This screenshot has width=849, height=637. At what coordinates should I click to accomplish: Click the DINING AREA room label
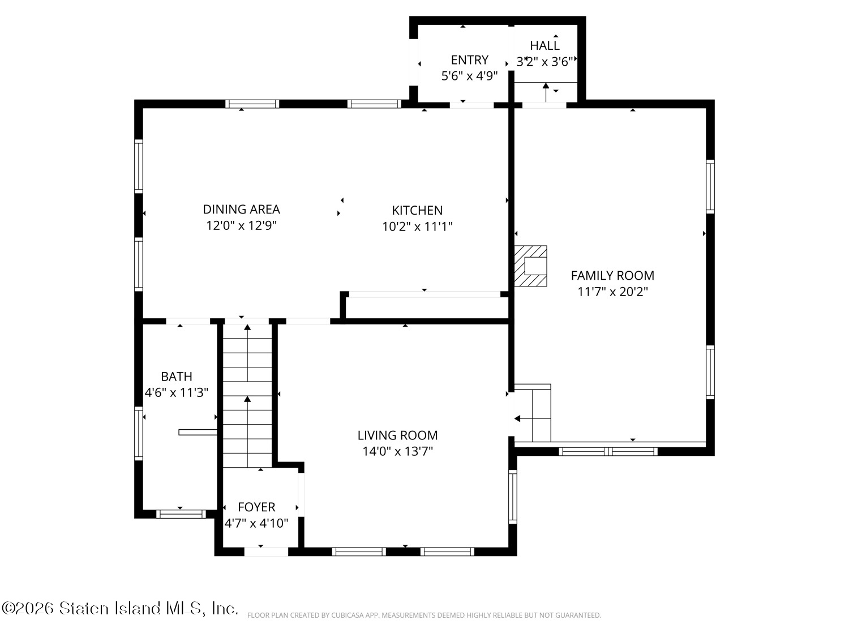coord(241,210)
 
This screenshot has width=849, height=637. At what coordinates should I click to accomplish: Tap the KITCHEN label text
coord(417,211)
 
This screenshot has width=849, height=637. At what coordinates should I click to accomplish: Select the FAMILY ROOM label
coord(612,275)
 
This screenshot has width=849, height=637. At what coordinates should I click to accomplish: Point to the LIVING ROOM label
coord(398,435)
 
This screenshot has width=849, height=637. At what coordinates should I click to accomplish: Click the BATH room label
coord(177,377)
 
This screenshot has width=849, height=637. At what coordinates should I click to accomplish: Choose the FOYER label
coord(256,507)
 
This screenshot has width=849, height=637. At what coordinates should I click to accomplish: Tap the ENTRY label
coord(470,60)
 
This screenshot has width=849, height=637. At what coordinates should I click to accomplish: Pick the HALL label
coord(544,46)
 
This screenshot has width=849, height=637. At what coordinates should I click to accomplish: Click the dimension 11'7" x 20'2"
coord(612,292)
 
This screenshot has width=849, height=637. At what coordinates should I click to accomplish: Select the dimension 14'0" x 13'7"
coord(398,451)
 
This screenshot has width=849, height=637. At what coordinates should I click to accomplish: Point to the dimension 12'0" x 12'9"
coord(241,225)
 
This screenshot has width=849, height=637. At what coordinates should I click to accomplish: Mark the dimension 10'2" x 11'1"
coord(417,226)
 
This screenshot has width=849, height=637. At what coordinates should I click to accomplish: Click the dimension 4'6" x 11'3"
coord(177,392)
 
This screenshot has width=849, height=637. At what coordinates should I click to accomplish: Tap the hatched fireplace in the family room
coord(530,266)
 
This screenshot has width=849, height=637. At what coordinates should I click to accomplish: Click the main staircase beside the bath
coord(247,396)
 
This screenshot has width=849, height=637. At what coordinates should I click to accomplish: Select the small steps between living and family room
coord(533,413)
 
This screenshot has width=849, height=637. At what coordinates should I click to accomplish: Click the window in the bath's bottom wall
coord(181,514)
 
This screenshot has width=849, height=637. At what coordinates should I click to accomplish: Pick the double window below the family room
coord(608,451)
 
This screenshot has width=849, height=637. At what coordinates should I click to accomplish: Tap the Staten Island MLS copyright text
coord(119,608)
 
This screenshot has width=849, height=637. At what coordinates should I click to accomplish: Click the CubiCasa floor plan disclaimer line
coord(424,615)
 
